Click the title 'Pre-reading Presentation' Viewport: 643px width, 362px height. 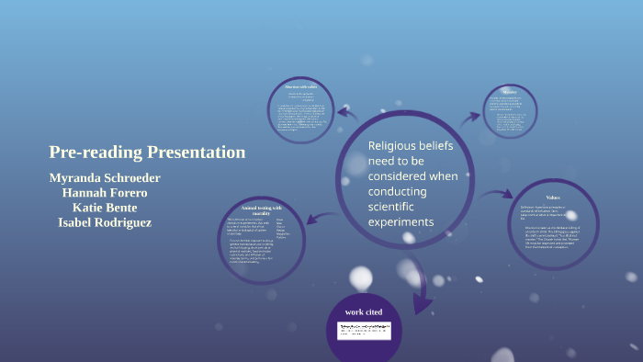(x=147, y=153)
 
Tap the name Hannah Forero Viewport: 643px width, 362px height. (x=105, y=193)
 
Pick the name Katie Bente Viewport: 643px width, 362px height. (x=104, y=208)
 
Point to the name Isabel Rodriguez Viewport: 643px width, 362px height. (x=105, y=222)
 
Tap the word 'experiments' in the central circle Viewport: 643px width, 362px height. (x=400, y=222)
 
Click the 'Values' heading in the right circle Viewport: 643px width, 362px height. (x=552, y=198)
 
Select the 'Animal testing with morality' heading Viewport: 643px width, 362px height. (x=261, y=210)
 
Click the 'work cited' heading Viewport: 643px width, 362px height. (x=364, y=311)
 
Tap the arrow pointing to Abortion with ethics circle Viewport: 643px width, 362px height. (x=347, y=113)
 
